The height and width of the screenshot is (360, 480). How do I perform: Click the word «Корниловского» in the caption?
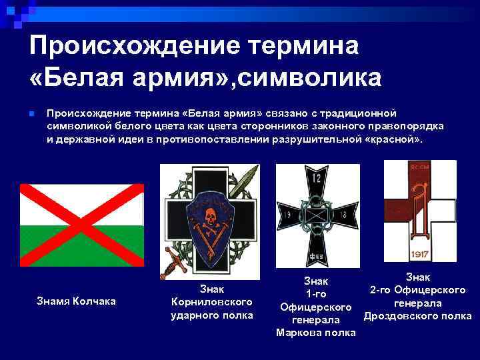pos(211,301)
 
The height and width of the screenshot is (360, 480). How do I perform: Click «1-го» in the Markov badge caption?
pos(315,294)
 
